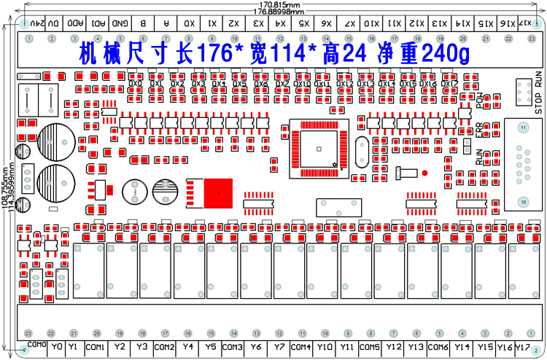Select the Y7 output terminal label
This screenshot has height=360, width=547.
280,347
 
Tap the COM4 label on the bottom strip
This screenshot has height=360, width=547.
301,347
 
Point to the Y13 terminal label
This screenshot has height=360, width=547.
416,347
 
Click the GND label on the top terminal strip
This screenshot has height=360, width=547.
120,23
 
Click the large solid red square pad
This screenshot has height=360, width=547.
217,193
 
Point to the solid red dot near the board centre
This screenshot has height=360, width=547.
422,173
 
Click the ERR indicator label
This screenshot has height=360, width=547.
479,131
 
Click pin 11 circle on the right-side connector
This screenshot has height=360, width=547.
522,128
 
